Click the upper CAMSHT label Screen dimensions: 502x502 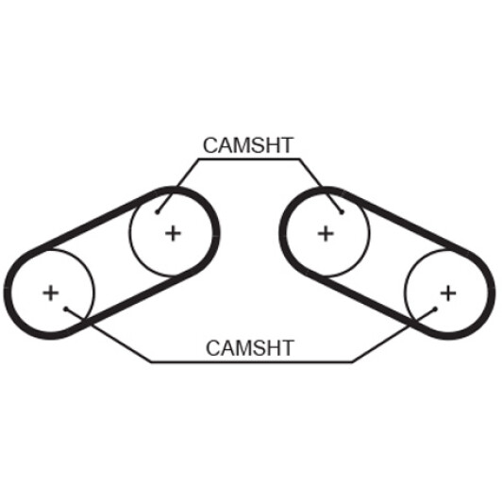pyautogui.click(x=248, y=145)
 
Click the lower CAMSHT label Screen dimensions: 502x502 pyautogui.click(x=250, y=348)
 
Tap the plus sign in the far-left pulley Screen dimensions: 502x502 pyautogui.click(x=51, y=293)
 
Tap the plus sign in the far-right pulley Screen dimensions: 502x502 pyautogui.click(x=448, y=293)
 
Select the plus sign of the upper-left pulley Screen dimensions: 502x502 pyautogui.click(x=173, y=233)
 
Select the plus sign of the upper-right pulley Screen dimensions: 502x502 pyautogui.click(x=326, y=233)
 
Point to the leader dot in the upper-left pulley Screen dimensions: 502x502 pyautogui.click(x=158, y=212)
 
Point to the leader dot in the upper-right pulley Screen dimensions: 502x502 pyautogui.click(x=342, y=212)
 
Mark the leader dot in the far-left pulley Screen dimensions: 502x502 pyautogui.click(x=66, y=309)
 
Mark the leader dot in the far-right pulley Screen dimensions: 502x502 pyautogui.click(x=435, y=309)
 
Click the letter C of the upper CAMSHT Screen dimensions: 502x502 pyautogui.click(x=210, y=145)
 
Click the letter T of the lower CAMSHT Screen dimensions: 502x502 pyautogui.click(x=287, y=348)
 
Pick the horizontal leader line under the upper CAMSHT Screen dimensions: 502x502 pyautogui.click(x=249, y=159)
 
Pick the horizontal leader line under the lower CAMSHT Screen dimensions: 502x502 pyautogui.click(x=252, y=362)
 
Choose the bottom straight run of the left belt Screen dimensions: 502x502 pyautogui.click(x=131, y=303)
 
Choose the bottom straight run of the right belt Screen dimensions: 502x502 pyautogui.click(x=368, y=303)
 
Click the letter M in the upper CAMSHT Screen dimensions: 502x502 pyautogui.click(x=241, y=145)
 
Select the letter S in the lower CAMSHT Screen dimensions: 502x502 pyautogui.click(x=257, y=348)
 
